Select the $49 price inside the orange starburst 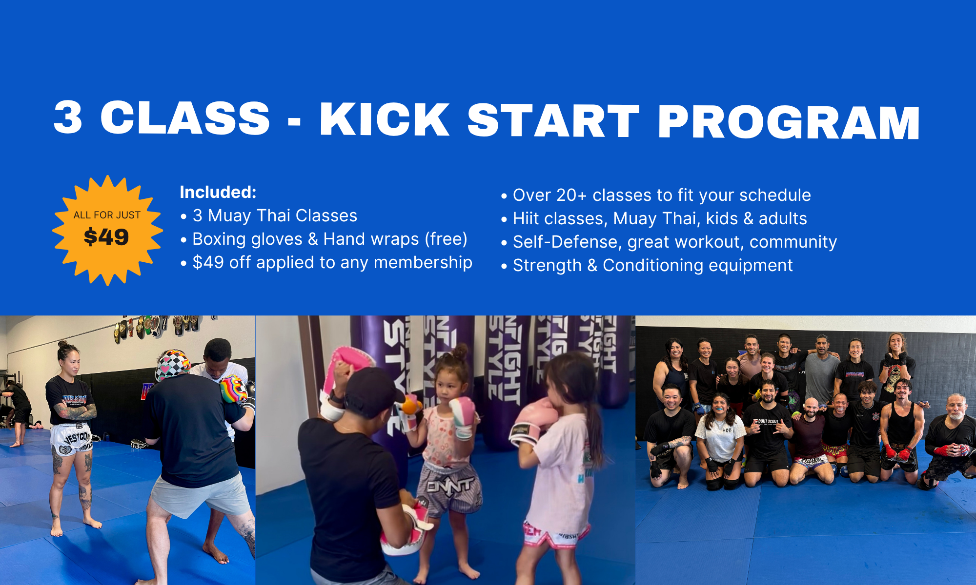tap(106, 237)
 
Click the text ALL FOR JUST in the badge tap(107, 215)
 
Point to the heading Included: tap(218, 192)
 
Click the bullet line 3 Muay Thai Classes tap(275, 215)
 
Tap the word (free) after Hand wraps tap(446, 239)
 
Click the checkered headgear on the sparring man tap(172, 364)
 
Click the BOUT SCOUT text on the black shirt tap(768, 421)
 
